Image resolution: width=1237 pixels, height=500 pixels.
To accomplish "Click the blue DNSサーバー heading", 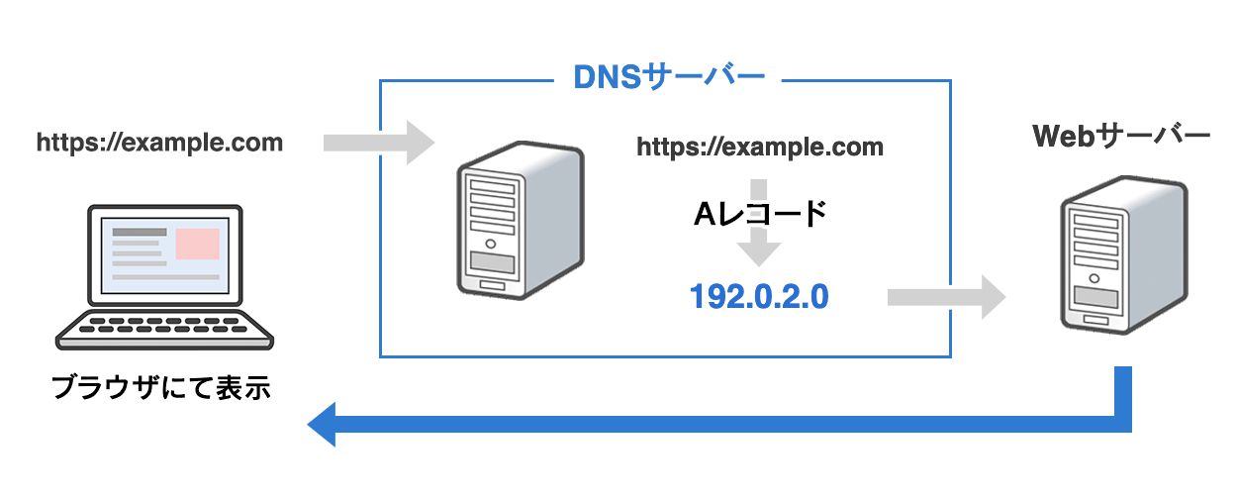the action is [669, 76].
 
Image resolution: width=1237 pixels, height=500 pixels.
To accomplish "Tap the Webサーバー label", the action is [1121, 136].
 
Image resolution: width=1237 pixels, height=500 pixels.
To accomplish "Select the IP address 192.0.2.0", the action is [759, 296].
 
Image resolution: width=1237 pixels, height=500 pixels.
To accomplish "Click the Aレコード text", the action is [760, 213].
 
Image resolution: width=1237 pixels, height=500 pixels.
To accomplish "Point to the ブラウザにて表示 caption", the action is [161, 387].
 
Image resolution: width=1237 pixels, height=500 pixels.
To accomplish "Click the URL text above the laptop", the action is [159, 143].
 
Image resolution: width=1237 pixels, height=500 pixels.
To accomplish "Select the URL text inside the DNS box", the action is [760, 147].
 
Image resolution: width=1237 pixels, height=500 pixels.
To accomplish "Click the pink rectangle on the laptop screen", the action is [198, 244].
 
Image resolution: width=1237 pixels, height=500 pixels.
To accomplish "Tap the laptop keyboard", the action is [164, 331].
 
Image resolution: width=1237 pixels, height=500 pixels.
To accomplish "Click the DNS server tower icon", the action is [521, 221].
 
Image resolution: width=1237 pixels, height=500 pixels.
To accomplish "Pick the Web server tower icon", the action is [1124, 254].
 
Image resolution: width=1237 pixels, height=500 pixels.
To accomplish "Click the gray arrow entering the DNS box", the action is [379, 143].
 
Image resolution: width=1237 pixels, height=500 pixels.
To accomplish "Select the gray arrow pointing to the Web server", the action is [946, 297].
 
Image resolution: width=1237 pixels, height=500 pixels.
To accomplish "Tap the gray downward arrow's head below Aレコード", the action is [759, 253].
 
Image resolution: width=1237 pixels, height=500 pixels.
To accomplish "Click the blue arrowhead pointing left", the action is [322, 425].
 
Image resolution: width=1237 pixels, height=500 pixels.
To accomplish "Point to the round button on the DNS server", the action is [491, 244].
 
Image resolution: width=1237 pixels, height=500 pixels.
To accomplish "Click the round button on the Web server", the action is [1094, 278].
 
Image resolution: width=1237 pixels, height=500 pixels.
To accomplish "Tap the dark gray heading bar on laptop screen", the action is [140, 232].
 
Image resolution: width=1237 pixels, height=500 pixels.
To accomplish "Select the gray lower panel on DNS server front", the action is [492, 261].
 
